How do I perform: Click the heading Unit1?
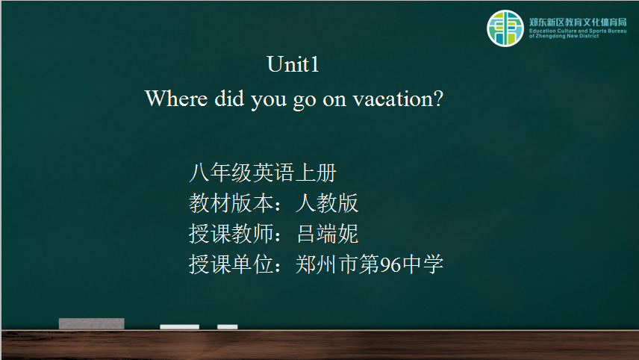[x=293, y=64]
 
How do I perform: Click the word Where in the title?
[x=176, y=99]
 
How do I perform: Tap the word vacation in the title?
[x=393, y=99]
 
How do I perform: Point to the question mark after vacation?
[x=438, y=99]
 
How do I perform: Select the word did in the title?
[x=229, y=99]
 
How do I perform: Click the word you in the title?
[x=269, y=100]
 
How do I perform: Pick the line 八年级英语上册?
[x=263, y=173]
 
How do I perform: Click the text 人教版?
[x=327, y=203]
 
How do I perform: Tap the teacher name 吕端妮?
[x=327, y=234]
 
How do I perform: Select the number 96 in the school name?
[x=390, y=264]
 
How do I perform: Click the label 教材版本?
[x=231, y=203]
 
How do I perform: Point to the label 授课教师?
[x=231, y=234]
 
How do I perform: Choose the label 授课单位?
[x=231, y=264]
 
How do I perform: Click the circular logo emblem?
[x=505, y=28]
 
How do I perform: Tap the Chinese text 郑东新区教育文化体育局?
[x=578, y=22]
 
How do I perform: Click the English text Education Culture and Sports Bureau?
[x=578, y=31]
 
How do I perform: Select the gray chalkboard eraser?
[x=92, y=323]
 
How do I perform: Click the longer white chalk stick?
[x=180, y=326]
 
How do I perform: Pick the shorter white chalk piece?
[x=228, y=326]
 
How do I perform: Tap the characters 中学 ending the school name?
[x=423, y=264]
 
